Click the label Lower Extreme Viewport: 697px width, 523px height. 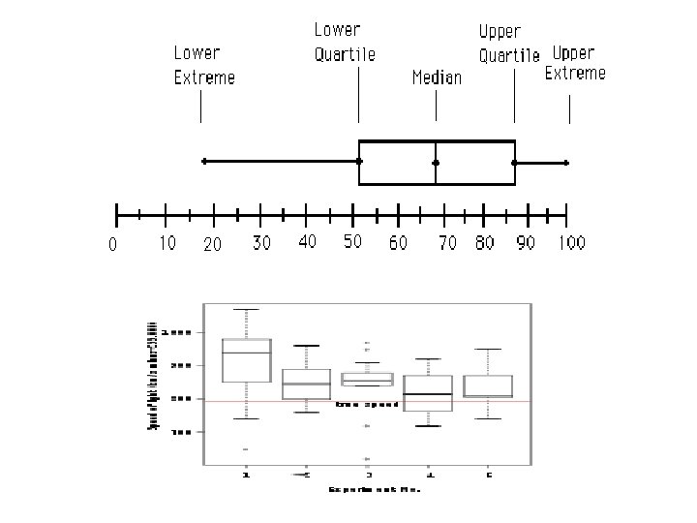[203, 65]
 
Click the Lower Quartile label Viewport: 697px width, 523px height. [344, 43]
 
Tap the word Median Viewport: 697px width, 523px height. [437, 77]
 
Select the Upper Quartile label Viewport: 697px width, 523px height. [509, 44]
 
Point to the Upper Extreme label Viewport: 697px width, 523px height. [575, 62]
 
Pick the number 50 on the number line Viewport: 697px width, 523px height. [352, 240]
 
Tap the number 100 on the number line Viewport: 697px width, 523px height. [571, 242]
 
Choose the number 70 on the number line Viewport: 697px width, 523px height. [446, 243]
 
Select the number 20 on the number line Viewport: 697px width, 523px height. [212, 244]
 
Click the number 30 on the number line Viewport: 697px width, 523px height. [261, 242]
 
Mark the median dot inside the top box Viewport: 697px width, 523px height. [436, 163]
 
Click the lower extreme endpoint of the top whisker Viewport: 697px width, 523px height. [203, 162]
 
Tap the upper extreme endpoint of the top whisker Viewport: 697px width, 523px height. [566, 163]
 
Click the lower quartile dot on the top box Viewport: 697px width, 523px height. [359, 162]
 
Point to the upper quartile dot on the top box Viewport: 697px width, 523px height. [514, 163]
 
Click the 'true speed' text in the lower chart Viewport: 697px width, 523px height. [367, 404]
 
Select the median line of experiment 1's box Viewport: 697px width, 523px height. [246, 353]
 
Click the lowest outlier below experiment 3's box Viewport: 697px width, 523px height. [367, 459]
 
